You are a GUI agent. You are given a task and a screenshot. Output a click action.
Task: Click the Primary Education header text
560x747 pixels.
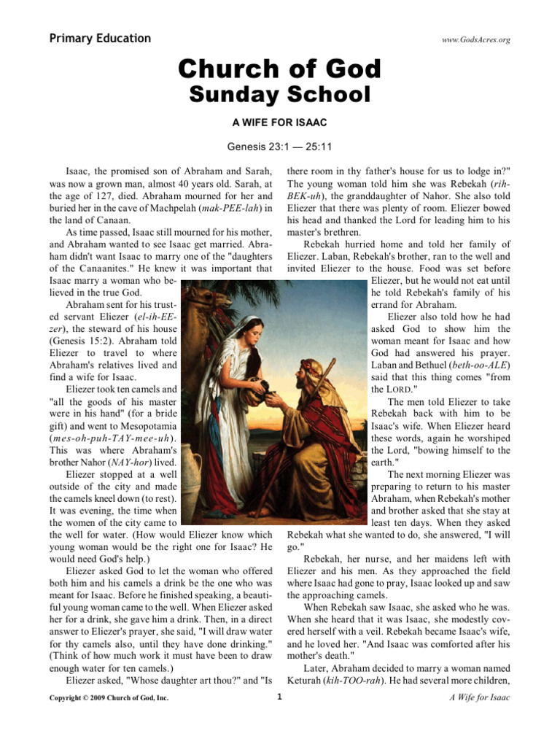(100, 39)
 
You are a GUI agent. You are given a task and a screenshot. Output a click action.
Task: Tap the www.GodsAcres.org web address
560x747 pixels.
(475, 40)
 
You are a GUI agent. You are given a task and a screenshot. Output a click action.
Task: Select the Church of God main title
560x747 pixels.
(280, 69)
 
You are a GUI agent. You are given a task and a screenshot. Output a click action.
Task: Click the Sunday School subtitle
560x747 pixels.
(280, 95)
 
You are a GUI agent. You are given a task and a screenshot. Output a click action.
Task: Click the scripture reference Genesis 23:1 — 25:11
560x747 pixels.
(280, 147)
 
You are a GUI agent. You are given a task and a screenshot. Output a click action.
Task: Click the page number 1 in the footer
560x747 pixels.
(280, 697)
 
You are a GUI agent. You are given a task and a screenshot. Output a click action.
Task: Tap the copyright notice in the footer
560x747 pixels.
(107, 698)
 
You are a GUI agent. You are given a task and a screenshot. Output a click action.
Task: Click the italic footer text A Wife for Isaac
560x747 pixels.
(480, 698)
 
